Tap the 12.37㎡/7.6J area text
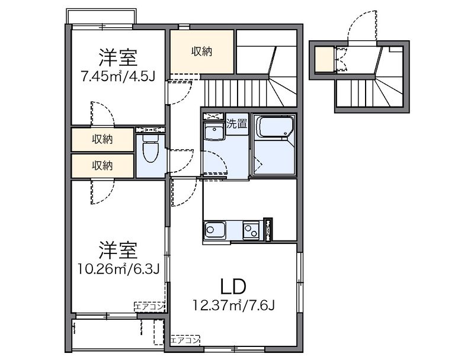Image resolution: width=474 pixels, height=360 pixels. (234, 306)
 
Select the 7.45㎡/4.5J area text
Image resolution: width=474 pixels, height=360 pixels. (118, 76)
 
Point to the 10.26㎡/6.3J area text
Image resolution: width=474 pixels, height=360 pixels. (118, 268)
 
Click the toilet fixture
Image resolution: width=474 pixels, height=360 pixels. (150, 148)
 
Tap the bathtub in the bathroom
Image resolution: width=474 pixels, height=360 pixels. (274, 127)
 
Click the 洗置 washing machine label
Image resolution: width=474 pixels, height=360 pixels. (237, 124)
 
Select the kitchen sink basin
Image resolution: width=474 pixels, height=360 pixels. (214, 230)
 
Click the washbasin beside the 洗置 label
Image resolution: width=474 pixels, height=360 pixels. (214, 130)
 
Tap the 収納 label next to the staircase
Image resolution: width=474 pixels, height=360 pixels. (201, 52)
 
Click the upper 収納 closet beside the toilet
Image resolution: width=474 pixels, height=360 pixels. (103, 139)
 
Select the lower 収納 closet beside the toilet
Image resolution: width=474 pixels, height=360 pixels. (103, 166)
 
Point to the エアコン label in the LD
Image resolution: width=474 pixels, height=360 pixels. (185, 340)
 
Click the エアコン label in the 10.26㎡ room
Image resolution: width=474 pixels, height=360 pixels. (149, 307)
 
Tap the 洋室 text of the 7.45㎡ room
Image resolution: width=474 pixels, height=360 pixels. (118, 57)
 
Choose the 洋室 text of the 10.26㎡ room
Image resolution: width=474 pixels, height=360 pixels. (118, 250)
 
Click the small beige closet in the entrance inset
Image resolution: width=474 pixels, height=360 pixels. (325, 59)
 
